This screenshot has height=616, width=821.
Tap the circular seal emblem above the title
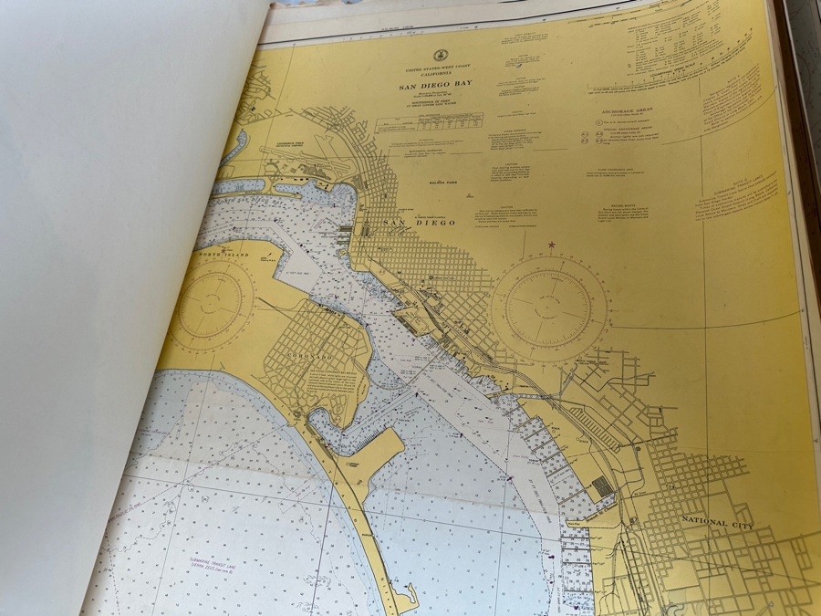click(439, 56)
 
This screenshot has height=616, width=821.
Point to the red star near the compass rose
click(551, 245)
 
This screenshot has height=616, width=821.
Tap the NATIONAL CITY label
click(718, 522)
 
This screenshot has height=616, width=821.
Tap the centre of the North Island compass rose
click(209, 304)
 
